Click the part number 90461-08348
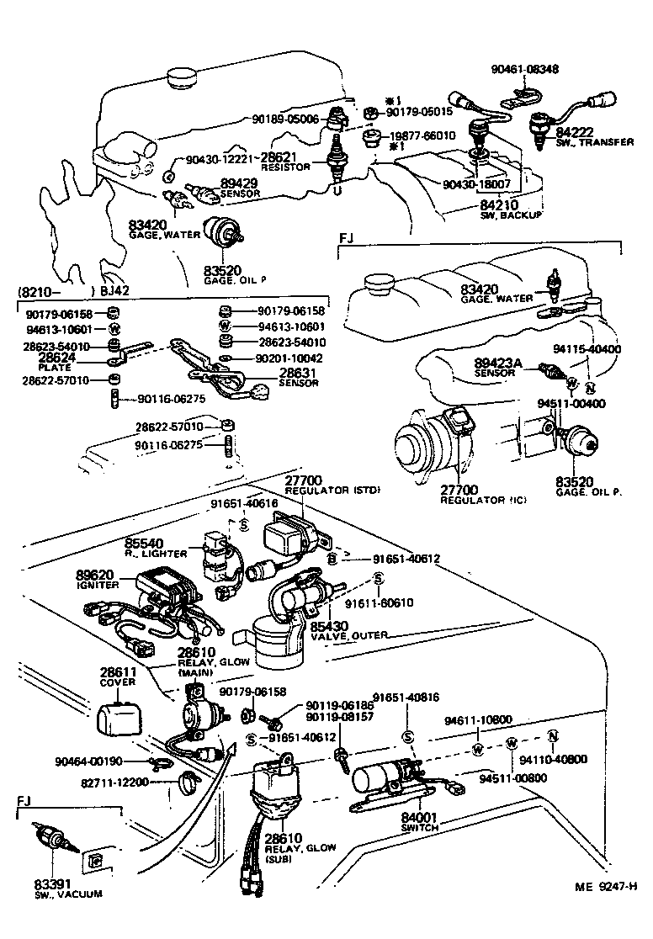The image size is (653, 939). pyautogui.click(x=526, y=68)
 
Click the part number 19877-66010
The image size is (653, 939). pyautogui.click(x=421, y=135)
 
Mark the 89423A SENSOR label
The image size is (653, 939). pyautogui.click(x=498, y=366)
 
